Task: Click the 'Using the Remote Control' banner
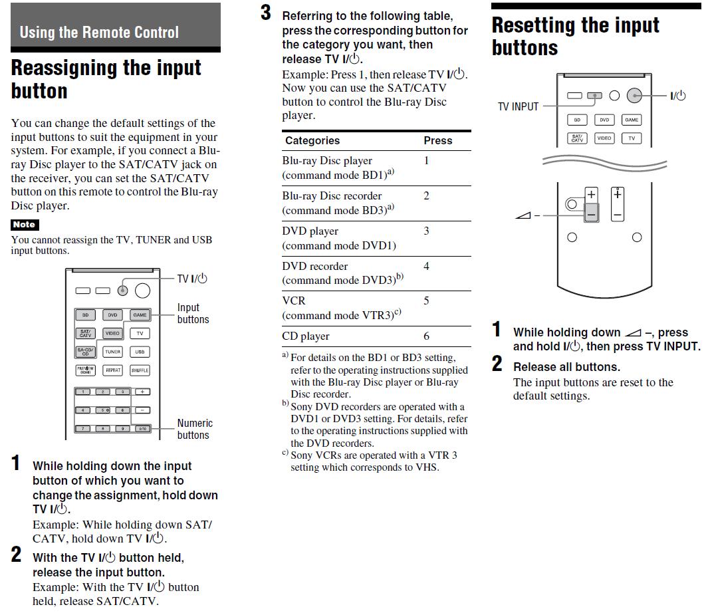pos(99,32)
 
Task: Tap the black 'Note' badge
pos(25,225)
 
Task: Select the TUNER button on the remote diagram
pos(112,352)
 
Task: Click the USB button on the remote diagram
pos(140,352)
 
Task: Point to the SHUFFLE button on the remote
pos(140,370)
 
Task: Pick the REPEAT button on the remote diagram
pos(112,370)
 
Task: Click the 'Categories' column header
pos(312,140)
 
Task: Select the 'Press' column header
pos(437,140)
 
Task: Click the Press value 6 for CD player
pos(427,336)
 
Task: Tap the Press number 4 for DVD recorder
pos(427,266)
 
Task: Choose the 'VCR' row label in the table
pos(294,301)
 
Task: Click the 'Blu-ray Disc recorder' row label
pos(332,195)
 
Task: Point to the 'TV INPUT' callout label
pos(518,106)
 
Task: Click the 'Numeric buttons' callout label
pos(195,429)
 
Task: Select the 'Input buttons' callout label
pos(193,313)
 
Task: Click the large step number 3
pos(266,13)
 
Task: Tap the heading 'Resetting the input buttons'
pos(575,37)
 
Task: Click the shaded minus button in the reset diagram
pos(591,213)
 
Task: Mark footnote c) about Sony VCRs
pos(372,461)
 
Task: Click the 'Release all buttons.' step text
pos(566,366)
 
